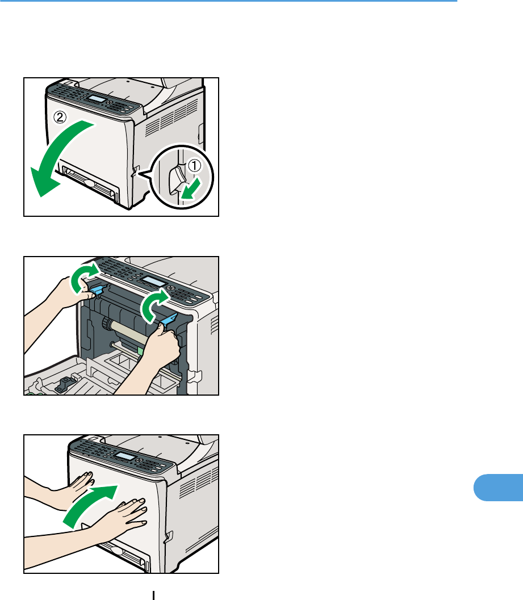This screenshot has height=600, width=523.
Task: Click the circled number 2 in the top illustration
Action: pyautogui.click(x=60, y=117)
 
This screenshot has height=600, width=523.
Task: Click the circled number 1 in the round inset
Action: pyautogui.click(x=195, y=166)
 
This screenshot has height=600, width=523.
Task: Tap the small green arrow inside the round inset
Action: pyautogui.click(x=191, y=188)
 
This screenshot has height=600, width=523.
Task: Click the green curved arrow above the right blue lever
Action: pyautogui.click(x=154, y=305)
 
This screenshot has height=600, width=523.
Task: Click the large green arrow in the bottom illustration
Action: pyautogui.click(x=90, y=507)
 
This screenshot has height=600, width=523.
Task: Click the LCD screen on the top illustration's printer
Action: pyautogui.click(x=97, y=99)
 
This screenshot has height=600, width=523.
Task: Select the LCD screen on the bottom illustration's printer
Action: pyautogui.click(x=124, y=456)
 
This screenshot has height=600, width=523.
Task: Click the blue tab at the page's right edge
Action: pyautogui.click(x=498, y=488)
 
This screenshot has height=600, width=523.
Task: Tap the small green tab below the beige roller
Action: pyautogui.click(x=140, y=351)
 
